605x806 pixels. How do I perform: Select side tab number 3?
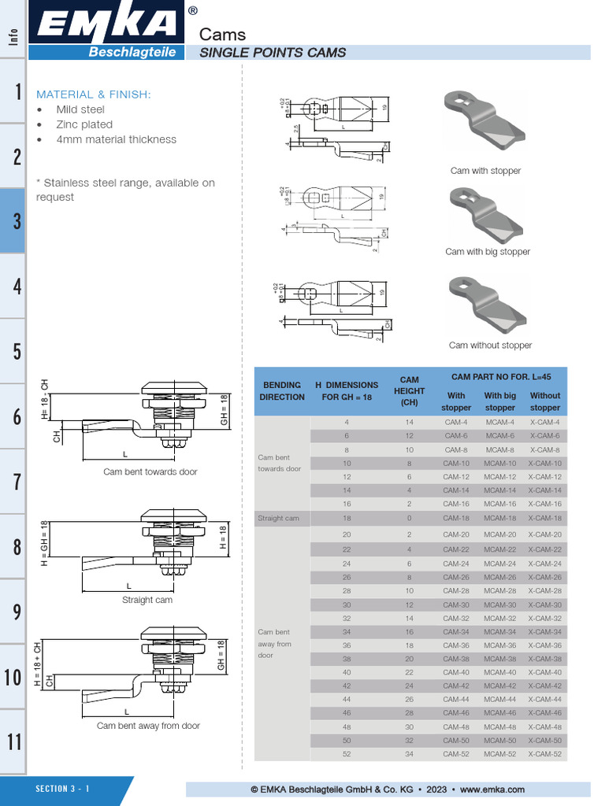tap(13, 221)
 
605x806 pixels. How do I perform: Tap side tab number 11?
tap(13, 741)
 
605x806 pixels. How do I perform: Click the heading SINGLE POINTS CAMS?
tap(273, 53)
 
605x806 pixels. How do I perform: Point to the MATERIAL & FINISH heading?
tap(93, 94)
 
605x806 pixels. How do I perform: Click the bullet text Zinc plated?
tap(84, 124)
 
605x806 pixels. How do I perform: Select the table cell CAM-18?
tap(456, 519)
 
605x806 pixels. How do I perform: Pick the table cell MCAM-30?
tap(499, 604)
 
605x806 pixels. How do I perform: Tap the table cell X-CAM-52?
tap(545, 755)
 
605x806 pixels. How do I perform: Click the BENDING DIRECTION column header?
tap(282, 391)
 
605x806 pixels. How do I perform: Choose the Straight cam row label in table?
tap(279, 519)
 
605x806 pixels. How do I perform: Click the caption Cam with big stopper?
tap(488, 252)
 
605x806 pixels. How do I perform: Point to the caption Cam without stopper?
tap(490, 346)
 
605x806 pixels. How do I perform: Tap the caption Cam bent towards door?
tap(150, 472)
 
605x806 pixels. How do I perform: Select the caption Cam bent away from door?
tap(148, 726)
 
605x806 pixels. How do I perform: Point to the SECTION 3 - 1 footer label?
tap(62, 789)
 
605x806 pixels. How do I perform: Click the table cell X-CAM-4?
tap(545, 423)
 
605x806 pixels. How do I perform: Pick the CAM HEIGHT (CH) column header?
tap(409, 391)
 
